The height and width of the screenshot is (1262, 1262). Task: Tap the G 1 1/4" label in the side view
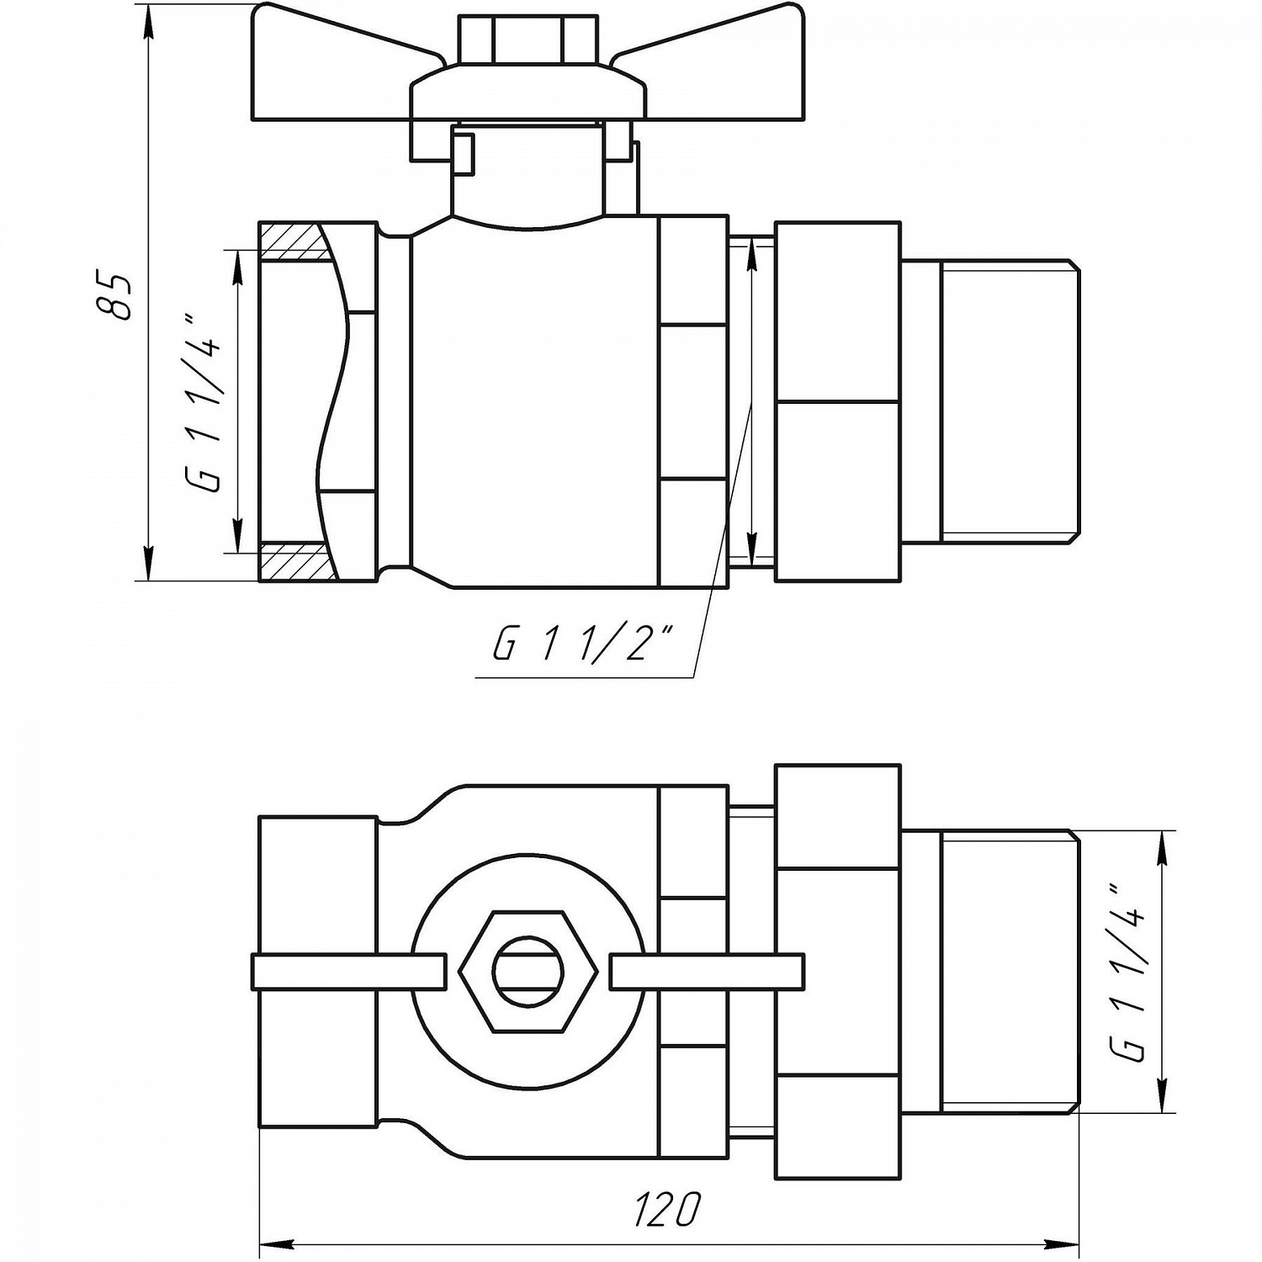point(203,403)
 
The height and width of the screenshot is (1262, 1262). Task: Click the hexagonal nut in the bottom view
point(528,972)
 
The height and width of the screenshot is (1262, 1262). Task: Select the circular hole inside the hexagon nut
point(528,972)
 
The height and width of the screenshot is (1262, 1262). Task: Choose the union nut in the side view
point(837,401)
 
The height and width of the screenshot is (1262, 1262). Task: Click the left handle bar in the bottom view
point(348,972)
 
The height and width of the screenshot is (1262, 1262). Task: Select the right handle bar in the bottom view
point(707,972)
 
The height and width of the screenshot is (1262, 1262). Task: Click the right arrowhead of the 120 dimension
point(1065,1244)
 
